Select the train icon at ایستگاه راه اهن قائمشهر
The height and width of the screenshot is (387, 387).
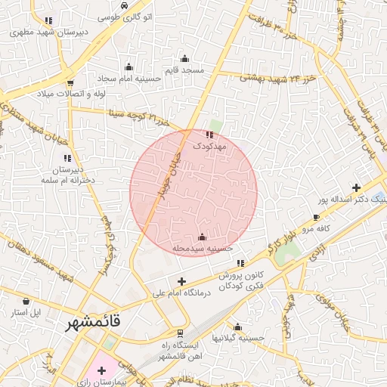point(181,333)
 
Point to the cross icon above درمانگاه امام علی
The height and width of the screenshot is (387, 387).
point(181,281)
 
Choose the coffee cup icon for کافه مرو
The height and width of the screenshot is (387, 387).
point(316,217)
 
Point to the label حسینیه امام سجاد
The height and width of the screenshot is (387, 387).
point(128,78)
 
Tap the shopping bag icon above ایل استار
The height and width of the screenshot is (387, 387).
point(16,300)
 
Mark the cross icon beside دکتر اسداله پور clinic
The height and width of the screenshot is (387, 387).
point(356,187)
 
